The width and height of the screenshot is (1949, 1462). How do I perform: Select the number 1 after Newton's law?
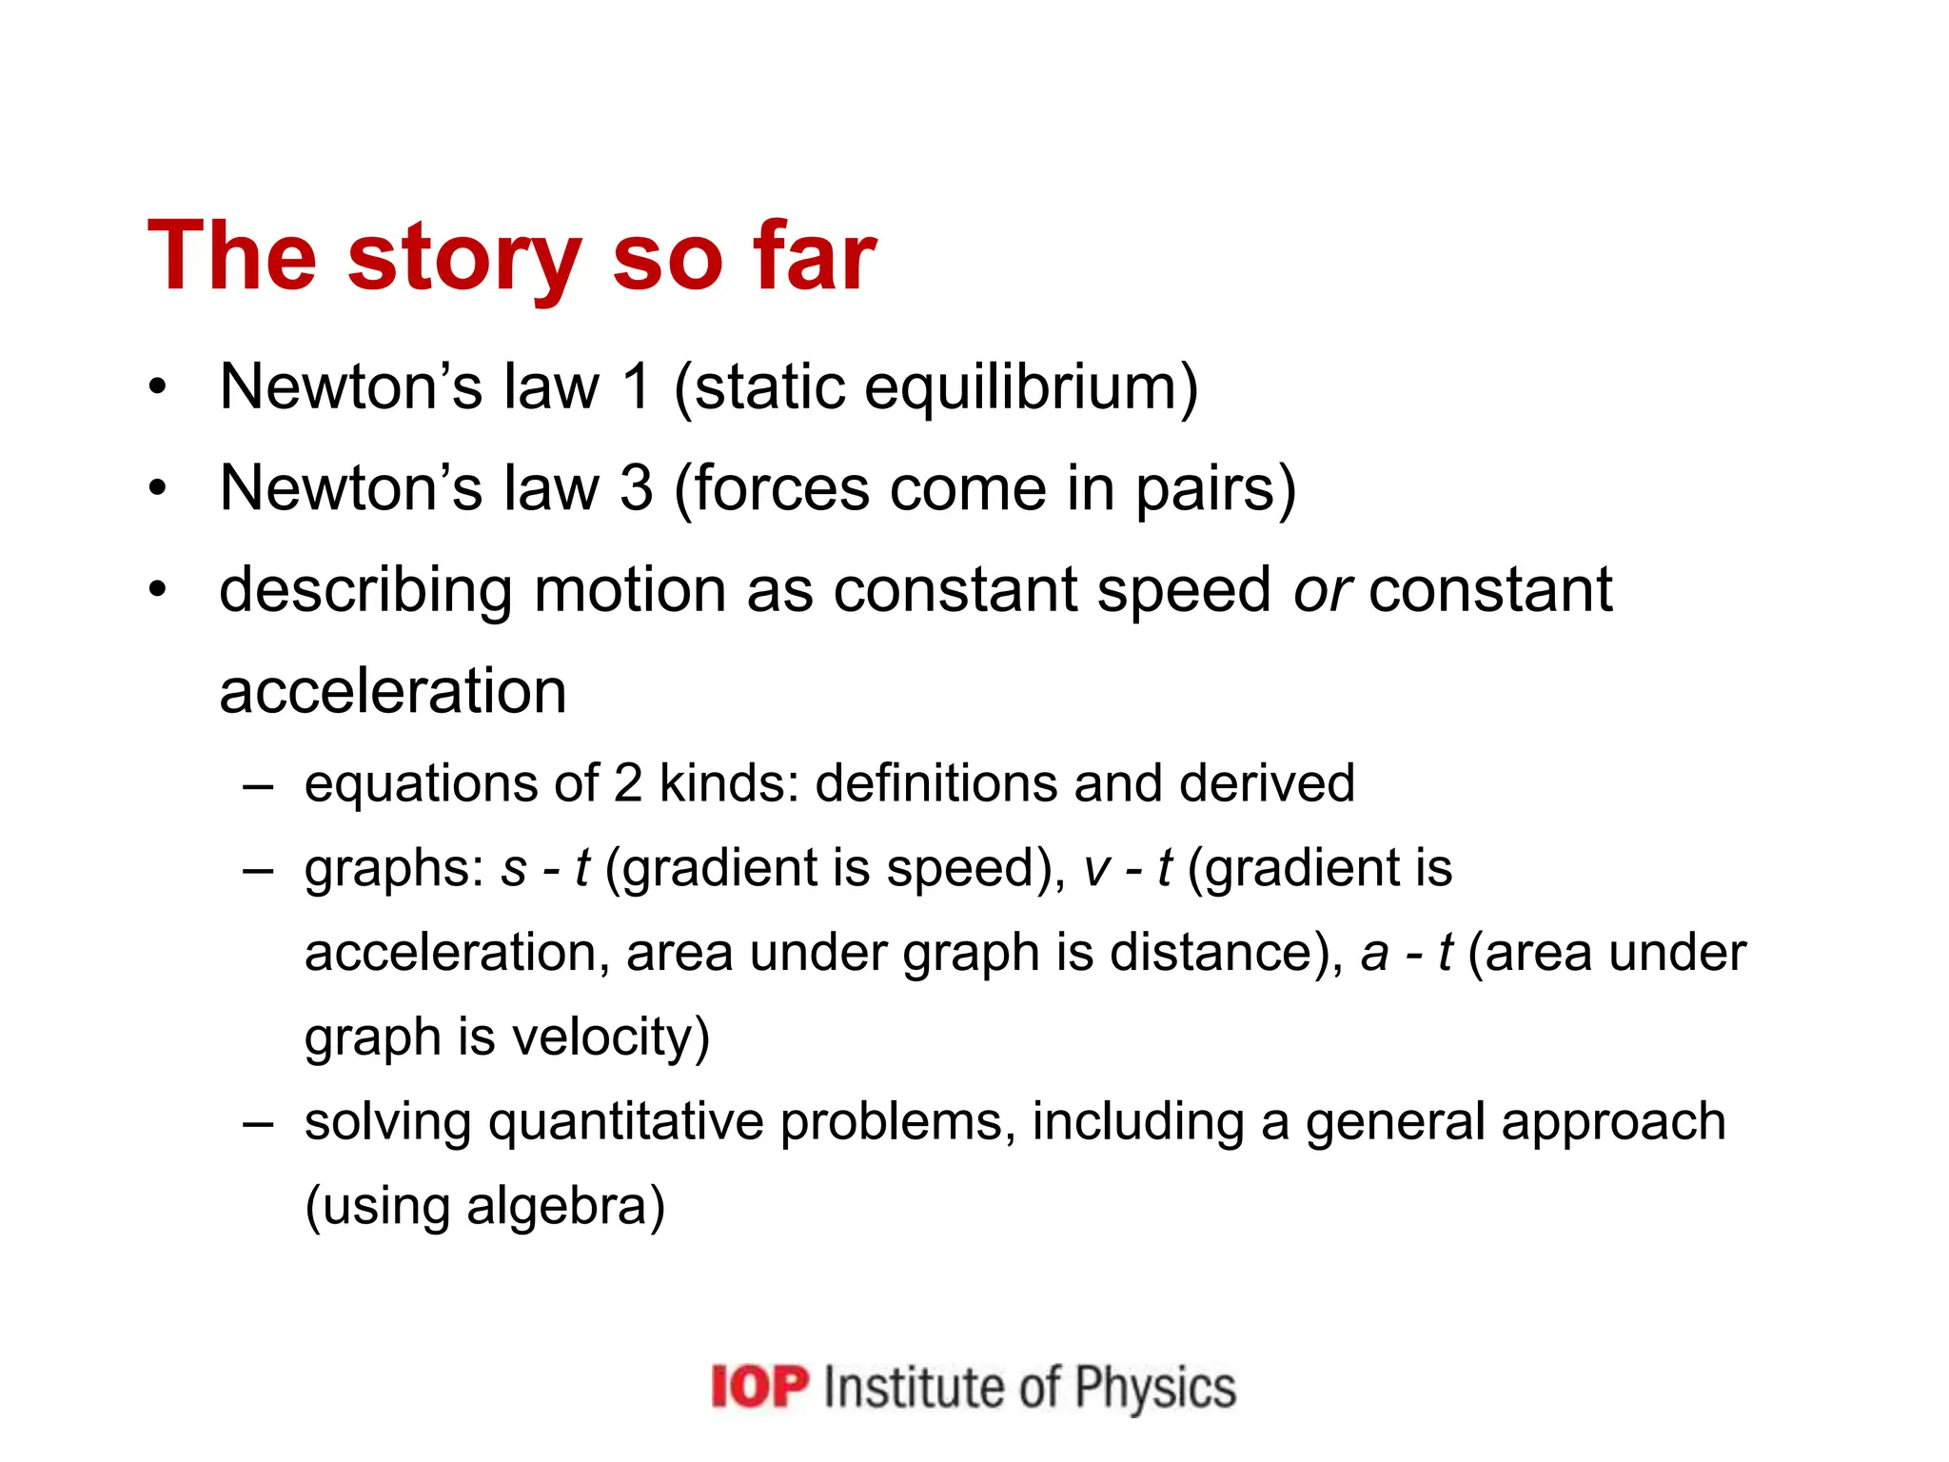pos(635,387)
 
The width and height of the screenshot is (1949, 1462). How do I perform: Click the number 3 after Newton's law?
pos(637,488)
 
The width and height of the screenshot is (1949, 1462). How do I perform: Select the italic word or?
pos(1322,591)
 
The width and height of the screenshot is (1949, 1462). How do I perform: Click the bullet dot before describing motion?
pos(158,589)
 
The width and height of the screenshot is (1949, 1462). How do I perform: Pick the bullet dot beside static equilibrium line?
pos(158,386)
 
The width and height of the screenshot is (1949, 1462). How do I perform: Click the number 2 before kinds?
pos(628,783)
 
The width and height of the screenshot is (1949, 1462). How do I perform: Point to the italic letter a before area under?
pos(1374,954)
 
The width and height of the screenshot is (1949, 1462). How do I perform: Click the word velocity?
pos(609,1037)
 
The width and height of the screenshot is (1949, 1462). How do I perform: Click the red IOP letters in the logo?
pos(759,1386)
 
